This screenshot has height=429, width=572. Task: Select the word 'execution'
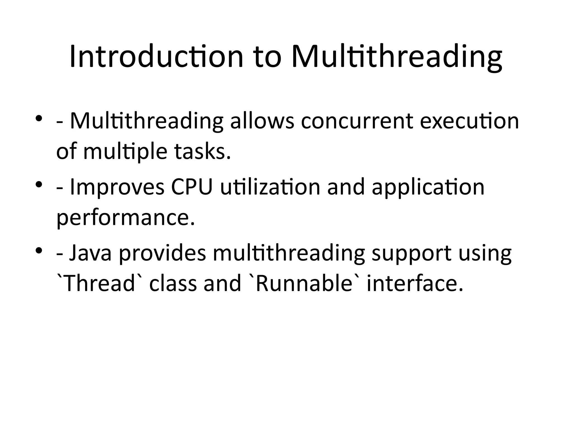[469, 122]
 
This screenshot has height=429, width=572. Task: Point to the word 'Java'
[90, 253]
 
